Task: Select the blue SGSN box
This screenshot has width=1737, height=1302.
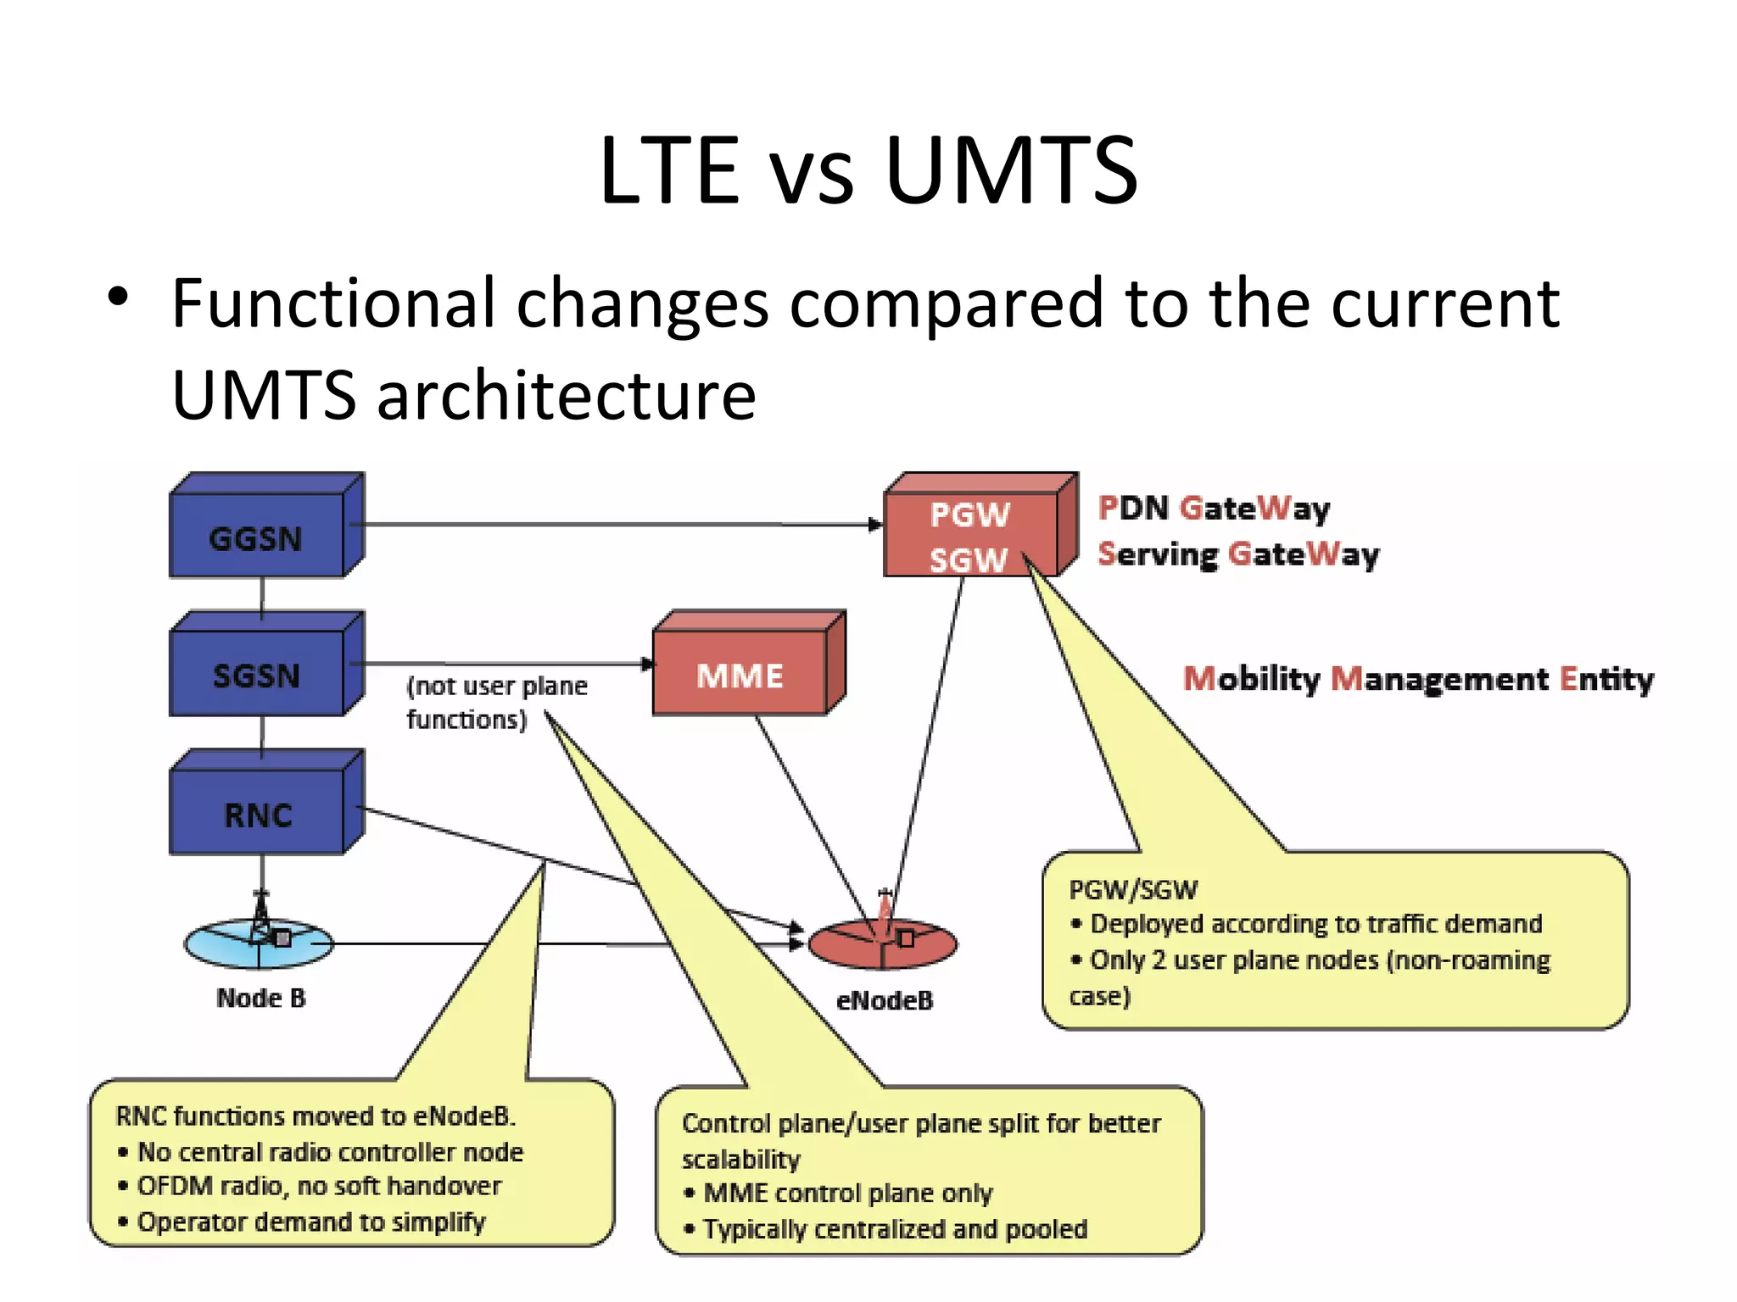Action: (x=257, y=675)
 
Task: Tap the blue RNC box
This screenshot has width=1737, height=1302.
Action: (x=257, y=814)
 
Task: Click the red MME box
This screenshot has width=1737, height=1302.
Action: (x=740, y=675)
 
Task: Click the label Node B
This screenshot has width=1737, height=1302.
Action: (x=260, y=998)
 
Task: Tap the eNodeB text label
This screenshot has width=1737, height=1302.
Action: (x=885, y=1000)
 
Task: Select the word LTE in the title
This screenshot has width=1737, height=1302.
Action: (x=670, y=172)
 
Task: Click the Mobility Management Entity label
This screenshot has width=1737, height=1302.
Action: (x=1418, y=679)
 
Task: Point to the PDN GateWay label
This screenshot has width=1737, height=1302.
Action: (x=1214, y=509)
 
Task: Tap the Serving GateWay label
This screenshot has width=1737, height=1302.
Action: (x=1238, y=554)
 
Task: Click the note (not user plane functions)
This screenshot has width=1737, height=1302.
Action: (x=496, y=702)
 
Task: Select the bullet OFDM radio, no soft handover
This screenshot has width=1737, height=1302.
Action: (x=319, y=1186)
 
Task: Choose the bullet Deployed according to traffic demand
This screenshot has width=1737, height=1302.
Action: (x=1315, y=924)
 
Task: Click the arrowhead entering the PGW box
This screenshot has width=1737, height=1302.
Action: (x=876, y=525)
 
